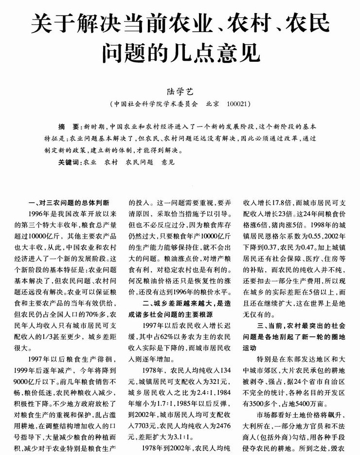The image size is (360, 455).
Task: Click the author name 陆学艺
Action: point(180,91)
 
